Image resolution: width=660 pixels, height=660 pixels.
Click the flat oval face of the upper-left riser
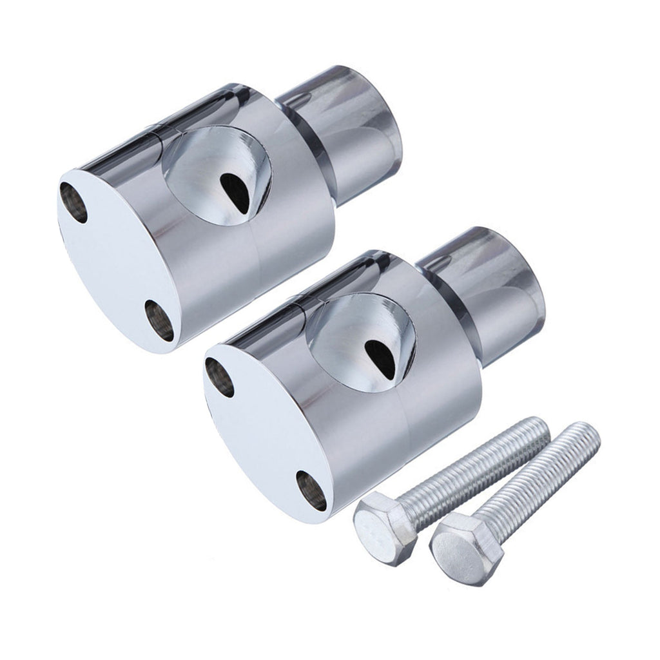tap(110, 258)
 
